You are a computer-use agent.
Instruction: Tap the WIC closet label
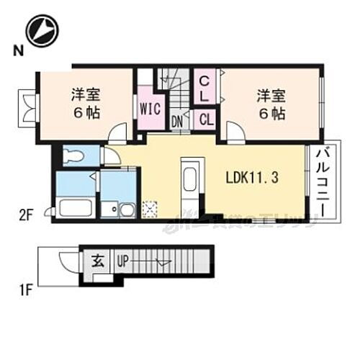point(150,109)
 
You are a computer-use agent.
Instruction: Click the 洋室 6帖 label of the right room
point(269,104)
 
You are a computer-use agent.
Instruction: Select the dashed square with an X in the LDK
point(150,208)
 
